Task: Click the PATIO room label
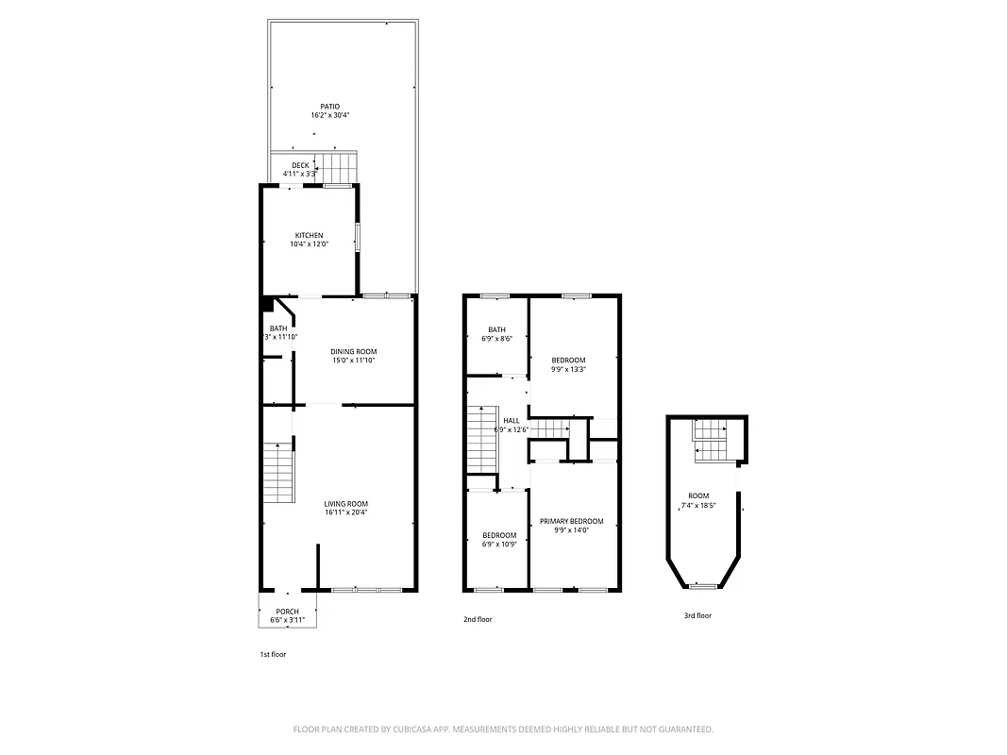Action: tap(329, 107)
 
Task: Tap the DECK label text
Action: tap(300, 165)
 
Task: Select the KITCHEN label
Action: tap(309, 235)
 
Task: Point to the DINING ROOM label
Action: tap(354, 351)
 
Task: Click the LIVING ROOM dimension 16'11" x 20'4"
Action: tap(346, 513)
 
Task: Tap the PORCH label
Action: tap(288, 612)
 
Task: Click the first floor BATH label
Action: tap(278, 328)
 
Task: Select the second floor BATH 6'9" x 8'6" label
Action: tap(496, 329)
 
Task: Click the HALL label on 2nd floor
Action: tap(511, 421)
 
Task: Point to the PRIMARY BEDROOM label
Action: tap(571, 521)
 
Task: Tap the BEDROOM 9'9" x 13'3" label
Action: tap(568, 360)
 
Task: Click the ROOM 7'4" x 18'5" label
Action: tap(698, 495)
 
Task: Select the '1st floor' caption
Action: tap(273, 654)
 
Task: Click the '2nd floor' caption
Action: tap(478, 619)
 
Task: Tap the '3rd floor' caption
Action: tap(697, 615)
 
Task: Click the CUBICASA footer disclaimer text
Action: tap(503, 730)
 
